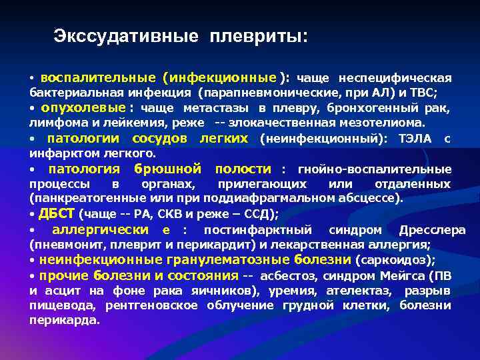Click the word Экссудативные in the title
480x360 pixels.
pyautogui.click(x=126, y=36)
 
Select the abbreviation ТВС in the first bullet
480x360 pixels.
pyautogui.click(x=425, y=93)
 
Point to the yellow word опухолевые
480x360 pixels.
pyautogui.click(x=83, y=108)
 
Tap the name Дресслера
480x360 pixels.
pyautogui.click(x=432, y=230)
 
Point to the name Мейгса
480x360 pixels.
pyautogui.click(x=403, y=275)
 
